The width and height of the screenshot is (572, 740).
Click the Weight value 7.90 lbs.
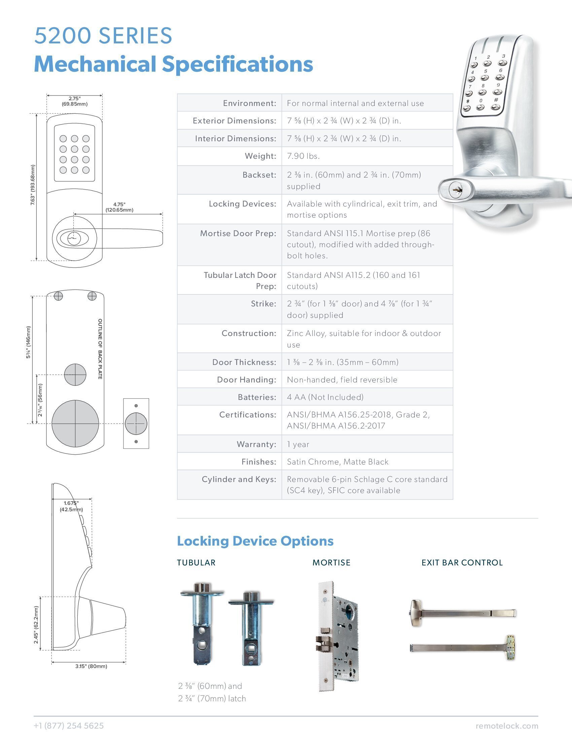tap(303, 156)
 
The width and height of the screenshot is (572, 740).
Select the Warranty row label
tap(256, 444)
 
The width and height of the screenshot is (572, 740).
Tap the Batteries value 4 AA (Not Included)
tap(325, 397)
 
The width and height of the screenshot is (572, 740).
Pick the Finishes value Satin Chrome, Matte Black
tap(337, 462)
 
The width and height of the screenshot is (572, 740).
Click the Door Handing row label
tap(247, 380)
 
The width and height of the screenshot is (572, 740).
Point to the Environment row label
tap(250, 103)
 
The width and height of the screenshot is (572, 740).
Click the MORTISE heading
tap(331, 563)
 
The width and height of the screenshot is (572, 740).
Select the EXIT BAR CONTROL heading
tap(462, 563)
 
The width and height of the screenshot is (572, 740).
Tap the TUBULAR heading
tap(196, 563)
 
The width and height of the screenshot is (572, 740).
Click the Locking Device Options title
tap(255, 541)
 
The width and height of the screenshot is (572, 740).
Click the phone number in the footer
tap(69, 726)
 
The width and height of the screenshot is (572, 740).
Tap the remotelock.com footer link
tap(507, 726)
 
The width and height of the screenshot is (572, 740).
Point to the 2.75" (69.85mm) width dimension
tap(75, 101)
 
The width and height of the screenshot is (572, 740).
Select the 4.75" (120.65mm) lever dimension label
tap(119, 207)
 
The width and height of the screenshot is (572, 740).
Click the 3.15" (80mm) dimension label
tap(91, 666)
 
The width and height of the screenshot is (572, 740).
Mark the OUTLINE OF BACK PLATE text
tap(100, 349)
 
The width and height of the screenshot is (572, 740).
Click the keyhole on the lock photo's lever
tap(455, 190)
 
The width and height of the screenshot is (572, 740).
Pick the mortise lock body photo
tap(338, 636)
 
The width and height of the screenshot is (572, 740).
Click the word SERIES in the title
tap(136, 36)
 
